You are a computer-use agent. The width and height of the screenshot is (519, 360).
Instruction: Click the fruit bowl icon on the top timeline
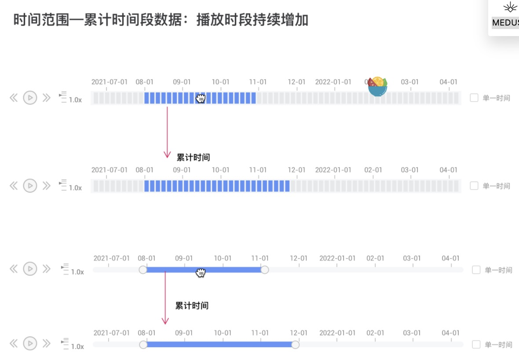click(377, 87)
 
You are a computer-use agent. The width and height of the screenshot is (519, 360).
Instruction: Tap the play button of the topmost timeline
click(30, 98)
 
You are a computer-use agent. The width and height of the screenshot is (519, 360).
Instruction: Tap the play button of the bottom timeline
click(30, 343)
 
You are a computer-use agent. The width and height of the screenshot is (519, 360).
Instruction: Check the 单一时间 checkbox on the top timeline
click(474, 98)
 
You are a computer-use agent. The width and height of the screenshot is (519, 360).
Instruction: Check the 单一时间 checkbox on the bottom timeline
click(476, 345)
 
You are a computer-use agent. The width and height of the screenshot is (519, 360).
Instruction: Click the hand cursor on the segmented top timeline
click(201, 98)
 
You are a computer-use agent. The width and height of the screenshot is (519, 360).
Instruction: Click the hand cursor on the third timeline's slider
click(201, 273)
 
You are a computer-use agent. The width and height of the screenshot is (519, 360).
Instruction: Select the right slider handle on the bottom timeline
click(295, 345)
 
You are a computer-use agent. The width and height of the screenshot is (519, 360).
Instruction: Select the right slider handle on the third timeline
click(264, 270)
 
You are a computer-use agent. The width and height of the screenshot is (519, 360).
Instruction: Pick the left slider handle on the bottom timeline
click(143, 345)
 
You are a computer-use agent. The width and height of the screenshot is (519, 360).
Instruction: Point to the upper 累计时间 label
click(193, 157)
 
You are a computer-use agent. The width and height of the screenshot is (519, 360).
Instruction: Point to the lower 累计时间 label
click(192, 305)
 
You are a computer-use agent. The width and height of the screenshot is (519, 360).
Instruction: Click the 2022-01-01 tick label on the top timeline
click(333, 82)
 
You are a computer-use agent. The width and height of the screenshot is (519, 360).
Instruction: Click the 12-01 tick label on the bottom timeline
click(299, 333)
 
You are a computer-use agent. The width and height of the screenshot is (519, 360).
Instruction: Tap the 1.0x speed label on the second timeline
click(75, 188)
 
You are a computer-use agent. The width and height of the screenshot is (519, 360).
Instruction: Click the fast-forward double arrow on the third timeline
click(46, 268)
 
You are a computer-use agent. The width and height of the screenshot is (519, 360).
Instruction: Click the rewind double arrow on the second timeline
click(14, 186)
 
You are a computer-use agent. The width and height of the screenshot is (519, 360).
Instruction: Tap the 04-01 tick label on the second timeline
click(448, 170)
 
